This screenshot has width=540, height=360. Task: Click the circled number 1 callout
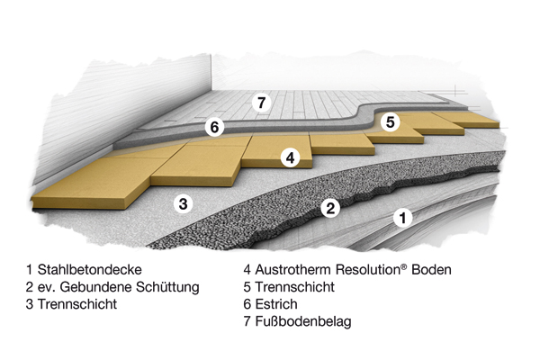tap(402, 218)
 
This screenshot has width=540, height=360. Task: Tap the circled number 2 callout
tap(330, 208)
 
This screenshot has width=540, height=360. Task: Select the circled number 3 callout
tap(184, 202)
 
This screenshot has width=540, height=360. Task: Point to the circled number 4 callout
tap(291, 157)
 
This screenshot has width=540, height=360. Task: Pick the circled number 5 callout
tap(390, 122)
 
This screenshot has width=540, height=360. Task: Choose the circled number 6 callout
tap(214, 127)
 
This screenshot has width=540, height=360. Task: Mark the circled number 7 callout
tap(261, 103)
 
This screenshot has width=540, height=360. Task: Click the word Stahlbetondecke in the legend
tap(89, 269)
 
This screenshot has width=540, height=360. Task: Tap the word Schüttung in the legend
tap(167, 286)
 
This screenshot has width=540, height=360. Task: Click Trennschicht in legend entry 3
tap(77, 304)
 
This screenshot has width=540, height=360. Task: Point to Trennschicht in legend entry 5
tap(295, 286)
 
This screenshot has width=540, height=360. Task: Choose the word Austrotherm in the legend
tap(292, 269)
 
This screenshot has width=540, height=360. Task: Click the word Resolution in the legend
tap(368, 269)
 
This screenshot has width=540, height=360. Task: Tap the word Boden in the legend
tap(431, 269)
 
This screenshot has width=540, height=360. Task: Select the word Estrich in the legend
tap(276, 304)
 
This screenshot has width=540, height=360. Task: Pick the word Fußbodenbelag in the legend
tap(303, 321)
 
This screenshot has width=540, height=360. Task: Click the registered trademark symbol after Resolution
tap(404, 266)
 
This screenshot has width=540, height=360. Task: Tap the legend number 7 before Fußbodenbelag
tap(247, 321)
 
